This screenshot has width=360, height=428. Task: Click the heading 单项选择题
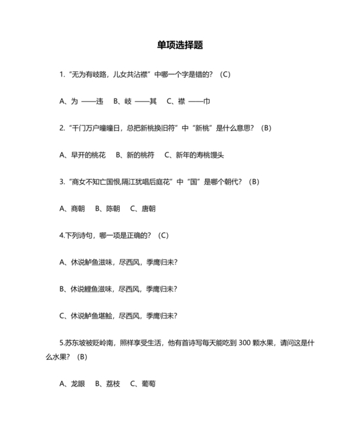(x=180, y=46)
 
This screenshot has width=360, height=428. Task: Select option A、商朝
(x=72, y=209)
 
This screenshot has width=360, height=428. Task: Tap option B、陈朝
(x=107, y=209)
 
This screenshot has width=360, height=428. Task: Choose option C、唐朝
(x=143, y=209)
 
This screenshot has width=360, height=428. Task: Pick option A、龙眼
(x=72, y=384)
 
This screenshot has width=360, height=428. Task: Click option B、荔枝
(x=107, y=384)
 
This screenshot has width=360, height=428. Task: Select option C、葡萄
(x=143, y=384)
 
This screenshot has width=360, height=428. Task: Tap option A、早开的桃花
(x=83, y=154)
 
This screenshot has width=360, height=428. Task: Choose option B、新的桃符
(x=134, y=154)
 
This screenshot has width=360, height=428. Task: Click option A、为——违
(x=82, y=101)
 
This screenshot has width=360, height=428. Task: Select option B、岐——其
(x=135, y=101)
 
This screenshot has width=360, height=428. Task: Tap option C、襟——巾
(x=188, y=101)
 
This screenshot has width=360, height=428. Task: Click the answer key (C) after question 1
(x=225, y=74)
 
